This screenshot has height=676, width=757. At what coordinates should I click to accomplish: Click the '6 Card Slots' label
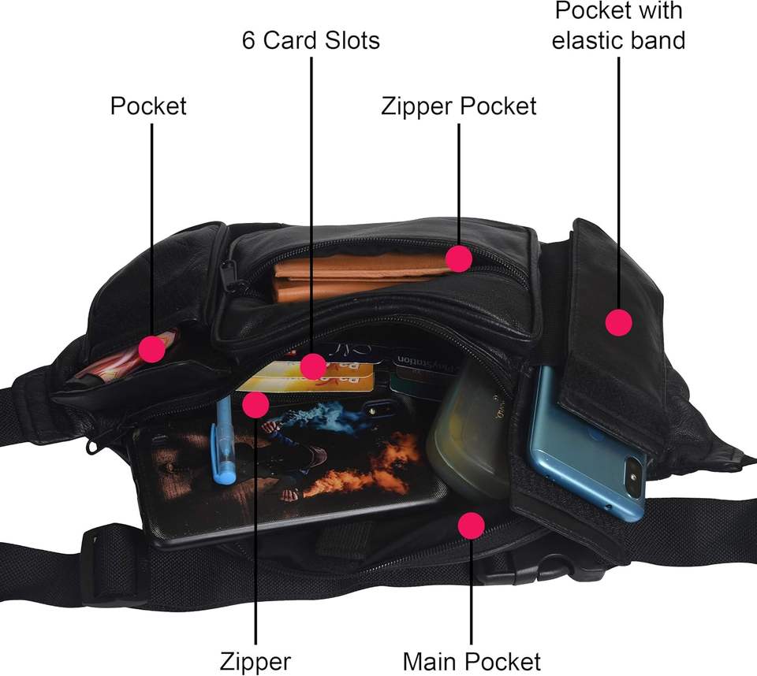(311, 40)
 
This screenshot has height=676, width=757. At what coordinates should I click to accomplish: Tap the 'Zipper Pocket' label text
(458, 106)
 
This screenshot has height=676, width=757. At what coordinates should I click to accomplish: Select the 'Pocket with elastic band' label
(618, 25)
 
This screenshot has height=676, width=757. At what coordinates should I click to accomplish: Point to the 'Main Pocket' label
(472, 660)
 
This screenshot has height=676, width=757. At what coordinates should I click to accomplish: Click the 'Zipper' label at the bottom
(255, 660)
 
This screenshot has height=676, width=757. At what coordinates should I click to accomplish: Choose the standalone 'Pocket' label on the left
(148, 106)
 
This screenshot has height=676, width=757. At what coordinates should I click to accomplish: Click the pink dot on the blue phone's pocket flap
(619, 321)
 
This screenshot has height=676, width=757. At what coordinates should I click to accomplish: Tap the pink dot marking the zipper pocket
(458, 258)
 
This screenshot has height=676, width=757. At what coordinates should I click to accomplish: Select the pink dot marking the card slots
(313, 366)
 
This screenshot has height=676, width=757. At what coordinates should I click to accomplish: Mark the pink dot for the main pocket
(471, 526)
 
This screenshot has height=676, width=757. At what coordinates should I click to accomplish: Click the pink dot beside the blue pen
(255, 404)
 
